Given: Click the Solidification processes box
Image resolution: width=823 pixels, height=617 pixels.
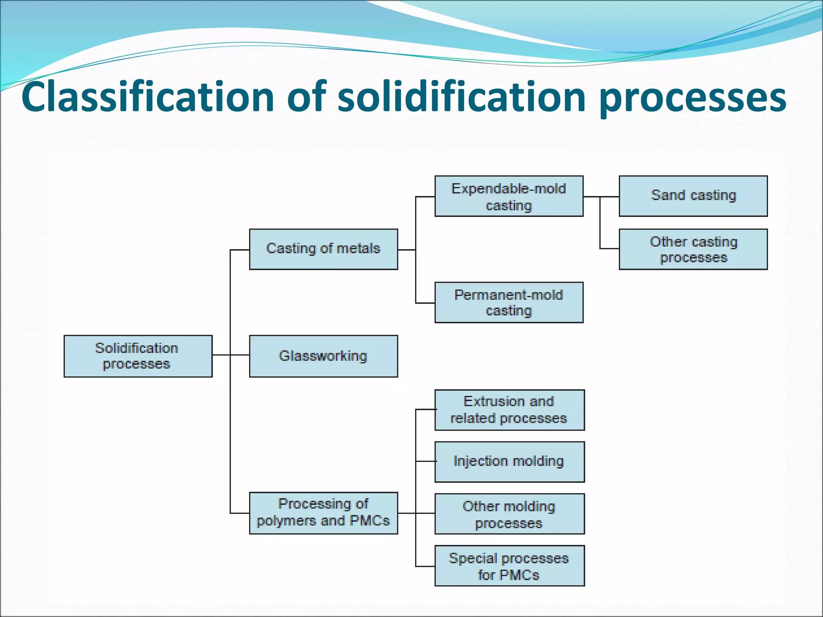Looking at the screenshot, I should point(138,356).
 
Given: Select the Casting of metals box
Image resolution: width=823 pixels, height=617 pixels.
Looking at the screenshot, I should point(323,249).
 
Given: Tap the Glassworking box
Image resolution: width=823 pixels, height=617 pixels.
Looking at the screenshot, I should point(323,356).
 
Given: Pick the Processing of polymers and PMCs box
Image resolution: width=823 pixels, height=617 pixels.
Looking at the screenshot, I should point(323,513).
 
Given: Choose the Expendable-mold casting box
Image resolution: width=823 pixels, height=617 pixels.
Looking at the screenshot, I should point(509,196).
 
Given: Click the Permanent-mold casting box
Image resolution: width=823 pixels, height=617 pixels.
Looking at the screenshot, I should point(509,302).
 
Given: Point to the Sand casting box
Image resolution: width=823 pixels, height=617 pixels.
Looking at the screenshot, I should point(693,196).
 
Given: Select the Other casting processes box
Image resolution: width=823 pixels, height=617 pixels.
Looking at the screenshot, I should point(693,249).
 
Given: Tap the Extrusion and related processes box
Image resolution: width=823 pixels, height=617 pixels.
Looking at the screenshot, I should point(510,410).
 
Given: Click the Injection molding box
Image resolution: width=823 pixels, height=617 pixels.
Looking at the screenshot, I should point(510,462).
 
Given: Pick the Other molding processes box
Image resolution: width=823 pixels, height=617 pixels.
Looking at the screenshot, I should point(510,514).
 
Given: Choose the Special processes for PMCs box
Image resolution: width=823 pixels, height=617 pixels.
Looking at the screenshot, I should point(510,566).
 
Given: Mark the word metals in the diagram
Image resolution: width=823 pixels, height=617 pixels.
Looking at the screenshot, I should point(358,249).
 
